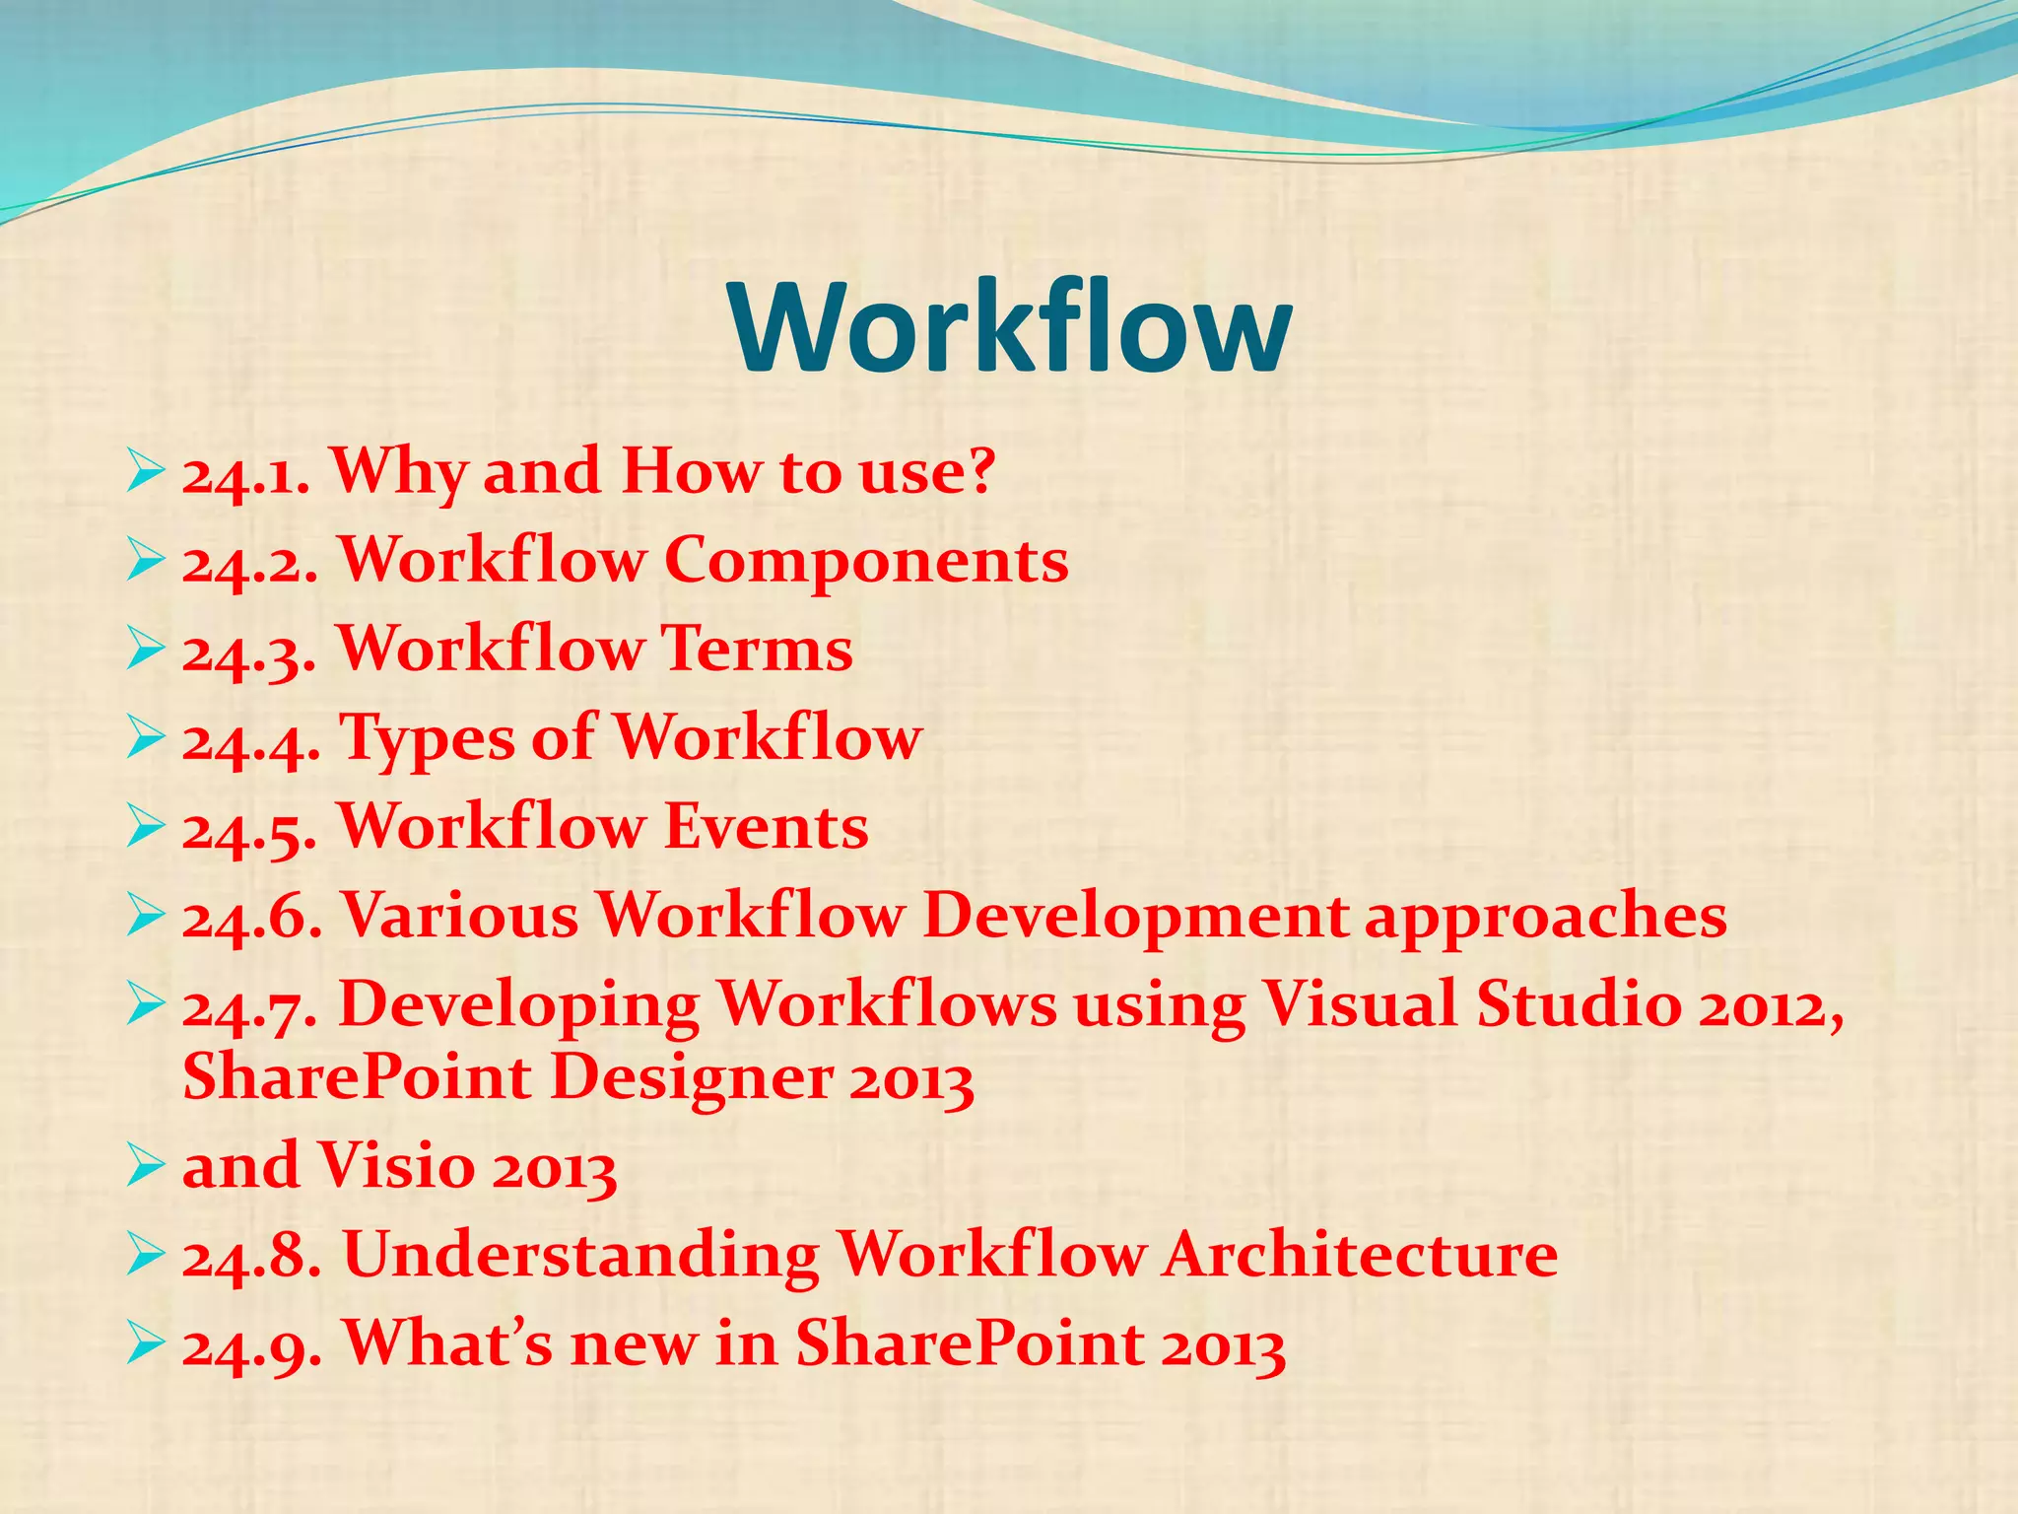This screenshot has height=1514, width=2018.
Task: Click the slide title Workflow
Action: pyautogui.click(x=1010, y=327)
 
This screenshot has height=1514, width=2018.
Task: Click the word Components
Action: pyautogui.click(x=866, y=561)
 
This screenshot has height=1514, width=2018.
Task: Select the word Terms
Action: pyautogui.click(x=757, y=650)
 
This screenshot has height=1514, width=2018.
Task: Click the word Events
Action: pyautogui.click(x=766, y=827)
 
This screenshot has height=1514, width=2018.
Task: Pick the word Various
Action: pyautogui.click(x=460, y=916)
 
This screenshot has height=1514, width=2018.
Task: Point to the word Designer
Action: pyautogui.click(x=691, y=1079)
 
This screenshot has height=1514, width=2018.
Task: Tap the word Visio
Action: pyautogui.click(x=397, y=1167)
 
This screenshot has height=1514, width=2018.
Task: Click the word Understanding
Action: pyautogui.click(x=580, y=1257)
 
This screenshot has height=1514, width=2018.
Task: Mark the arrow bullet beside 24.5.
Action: pyautogui.click(x=145, y=829)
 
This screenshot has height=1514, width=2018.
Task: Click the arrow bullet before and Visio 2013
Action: pyautogui.click(x=145, y=1168)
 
